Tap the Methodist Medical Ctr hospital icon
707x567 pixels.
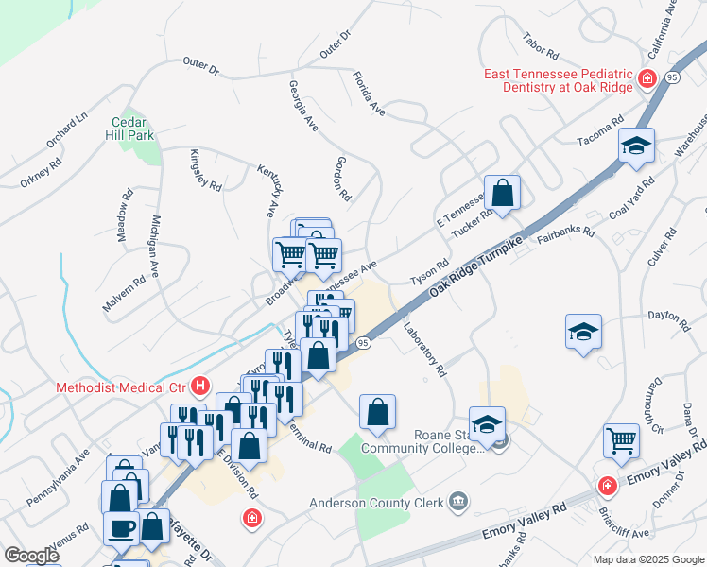200,387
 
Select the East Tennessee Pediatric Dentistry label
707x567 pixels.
557,81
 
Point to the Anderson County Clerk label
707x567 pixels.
377,503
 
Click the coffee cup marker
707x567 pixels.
121,526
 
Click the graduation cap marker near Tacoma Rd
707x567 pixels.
637,146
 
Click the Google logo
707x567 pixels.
31,556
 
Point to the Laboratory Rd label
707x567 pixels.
423,347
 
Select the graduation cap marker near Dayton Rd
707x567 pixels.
584,332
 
